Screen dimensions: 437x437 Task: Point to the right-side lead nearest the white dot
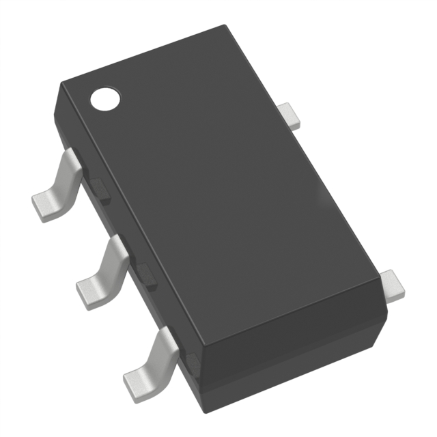click(292, 115)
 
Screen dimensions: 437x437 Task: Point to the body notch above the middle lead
click(147, 273)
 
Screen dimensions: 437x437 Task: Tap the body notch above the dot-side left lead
click(100, 189)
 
